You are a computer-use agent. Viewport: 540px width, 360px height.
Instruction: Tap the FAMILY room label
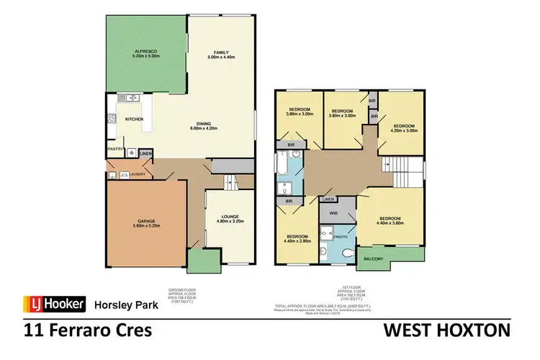click(x=220, y=52)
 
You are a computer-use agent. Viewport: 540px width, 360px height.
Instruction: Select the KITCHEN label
click(x=135, y=119)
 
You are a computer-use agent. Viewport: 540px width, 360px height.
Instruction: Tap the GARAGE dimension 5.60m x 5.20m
click(x=146, y=227)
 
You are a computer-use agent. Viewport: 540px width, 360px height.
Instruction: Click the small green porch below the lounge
click(x=195, y=258)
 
